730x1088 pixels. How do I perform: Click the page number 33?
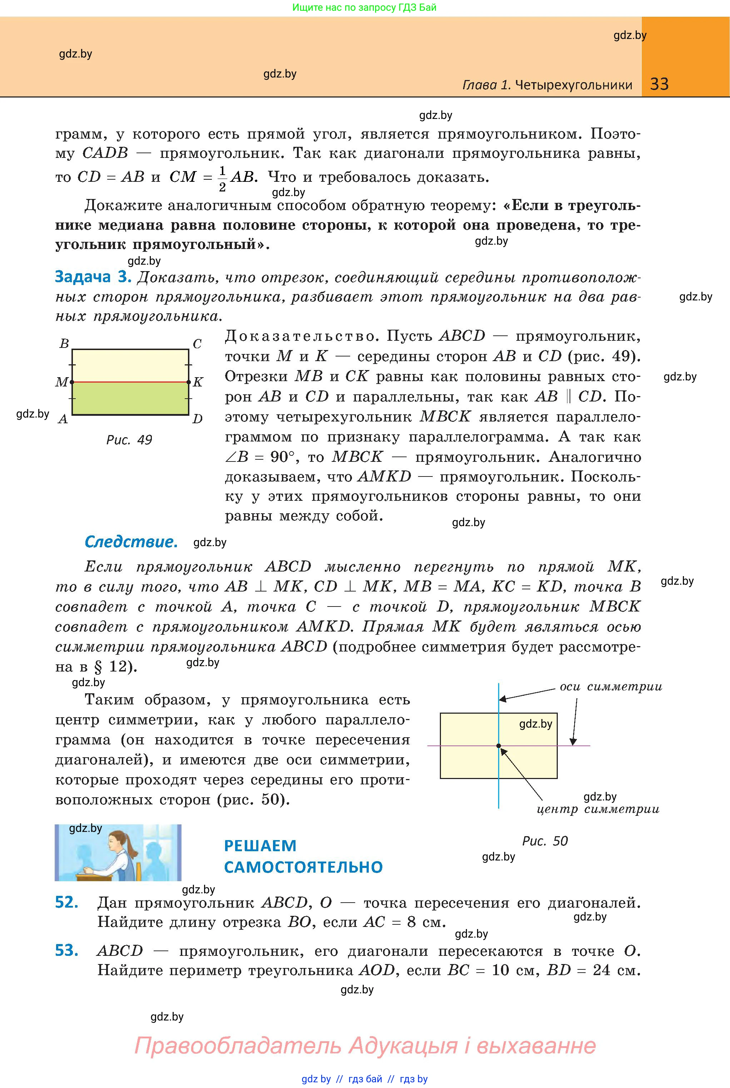click(659, 84)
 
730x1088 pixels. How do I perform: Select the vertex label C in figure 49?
click(197, 344)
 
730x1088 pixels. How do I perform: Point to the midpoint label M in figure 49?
click(61, 382)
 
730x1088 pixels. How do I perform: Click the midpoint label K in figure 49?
click(198, 382)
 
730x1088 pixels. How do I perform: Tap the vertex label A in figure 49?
click(63, 419)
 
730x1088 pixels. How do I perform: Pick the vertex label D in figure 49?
click(197, 419)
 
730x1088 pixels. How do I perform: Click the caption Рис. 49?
click(129, 440)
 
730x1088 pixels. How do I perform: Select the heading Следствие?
click(131, 541)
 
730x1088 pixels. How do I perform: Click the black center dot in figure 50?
click(498, 746)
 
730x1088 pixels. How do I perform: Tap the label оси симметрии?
click(610, 687)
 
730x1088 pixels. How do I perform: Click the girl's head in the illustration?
click(118, 842)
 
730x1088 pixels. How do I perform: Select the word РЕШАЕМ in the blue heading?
click(260, 845)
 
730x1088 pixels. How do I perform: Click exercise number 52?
click(66, 902)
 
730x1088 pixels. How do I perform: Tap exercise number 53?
click(66, 950)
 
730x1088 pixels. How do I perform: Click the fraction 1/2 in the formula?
click(222, 178)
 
